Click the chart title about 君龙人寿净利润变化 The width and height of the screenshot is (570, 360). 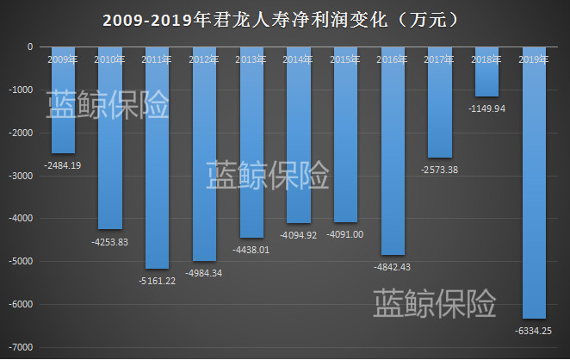coord(285,19)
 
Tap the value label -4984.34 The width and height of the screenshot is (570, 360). coord(204,273)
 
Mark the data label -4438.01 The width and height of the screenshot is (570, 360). coord(251,250)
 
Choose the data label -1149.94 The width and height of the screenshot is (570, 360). coord(486,109)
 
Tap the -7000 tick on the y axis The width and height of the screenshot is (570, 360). coord(21,347)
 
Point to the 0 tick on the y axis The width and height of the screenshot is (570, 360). coord(30,47)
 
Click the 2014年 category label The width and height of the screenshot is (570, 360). coord(298,59)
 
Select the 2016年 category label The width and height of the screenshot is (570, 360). coord(392,59)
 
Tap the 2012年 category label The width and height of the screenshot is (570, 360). coord(204,59)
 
